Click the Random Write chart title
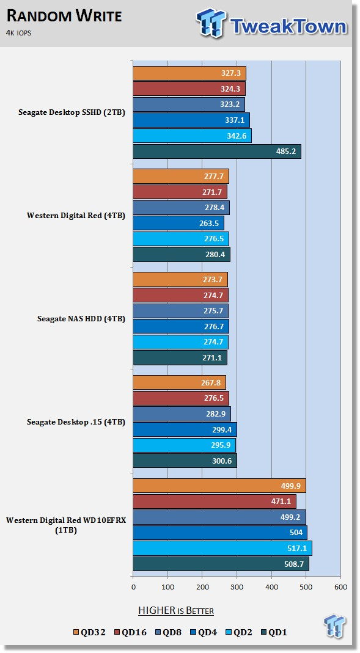(x=64, y=16)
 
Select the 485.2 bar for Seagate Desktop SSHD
(x=217, y=151)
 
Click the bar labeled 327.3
(x=189, y=73)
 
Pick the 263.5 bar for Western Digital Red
(x=178, y=223)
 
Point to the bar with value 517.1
(x=222, y=548)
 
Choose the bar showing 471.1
(x=215, y=502)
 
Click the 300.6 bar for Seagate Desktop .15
(x=185, y=461)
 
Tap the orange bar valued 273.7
(x=180, y=279)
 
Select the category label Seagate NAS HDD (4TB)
(x=81, y=319)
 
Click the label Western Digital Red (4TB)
(x=76, y=216)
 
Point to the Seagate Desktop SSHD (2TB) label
(x=72, y=112)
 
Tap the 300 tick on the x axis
(x=237, y=587)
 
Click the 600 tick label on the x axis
(x=340, y=587)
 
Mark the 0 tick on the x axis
(x=133, y=587)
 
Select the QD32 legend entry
(x=89, y=632)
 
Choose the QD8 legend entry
(x=169, y=632)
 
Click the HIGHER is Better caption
(x=176, y=610)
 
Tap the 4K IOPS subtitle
(x=19, y=33)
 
